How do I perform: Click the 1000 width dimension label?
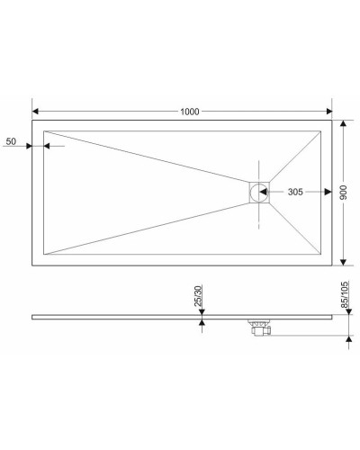[x=189, y=111]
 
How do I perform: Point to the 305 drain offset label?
[x=301, y=193]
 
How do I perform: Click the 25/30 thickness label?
[x=198, y=298]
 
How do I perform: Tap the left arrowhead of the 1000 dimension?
[x=37, y=112]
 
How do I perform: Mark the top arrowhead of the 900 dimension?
[x=345, y=124]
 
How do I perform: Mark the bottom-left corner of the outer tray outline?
[x=32, y=266]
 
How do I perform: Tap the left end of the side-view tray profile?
[x=33, y=317]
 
